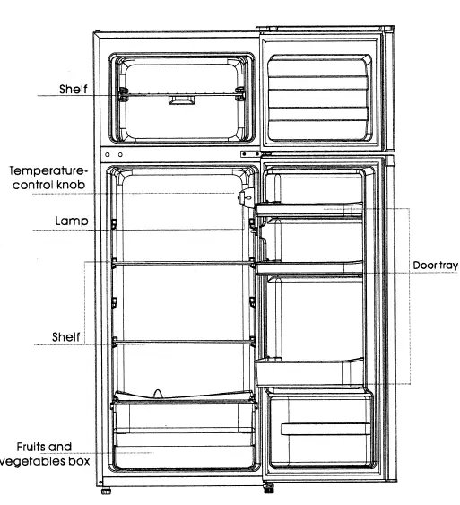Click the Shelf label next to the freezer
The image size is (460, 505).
[74, 90]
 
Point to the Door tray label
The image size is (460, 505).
[435, 266]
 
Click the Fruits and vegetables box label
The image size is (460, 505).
[48, 454]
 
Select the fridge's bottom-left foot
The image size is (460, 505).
[107, 492]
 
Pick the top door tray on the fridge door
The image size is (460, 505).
[309, 212]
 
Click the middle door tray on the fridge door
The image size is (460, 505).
[309, 266]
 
